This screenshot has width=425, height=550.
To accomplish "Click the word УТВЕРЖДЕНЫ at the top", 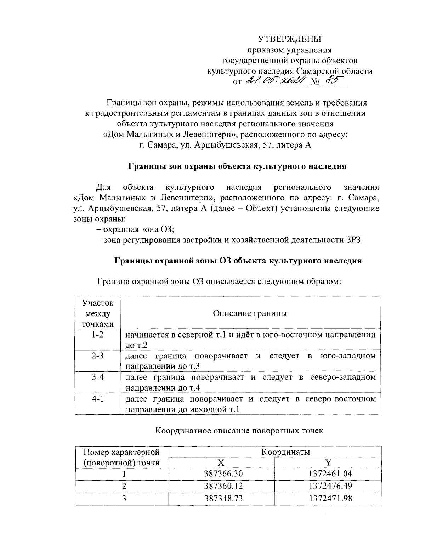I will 290,39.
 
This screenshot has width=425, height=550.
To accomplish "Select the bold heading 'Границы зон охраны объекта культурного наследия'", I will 237,166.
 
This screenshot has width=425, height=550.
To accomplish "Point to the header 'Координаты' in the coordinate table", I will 285,452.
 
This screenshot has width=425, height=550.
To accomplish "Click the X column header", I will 221,463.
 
